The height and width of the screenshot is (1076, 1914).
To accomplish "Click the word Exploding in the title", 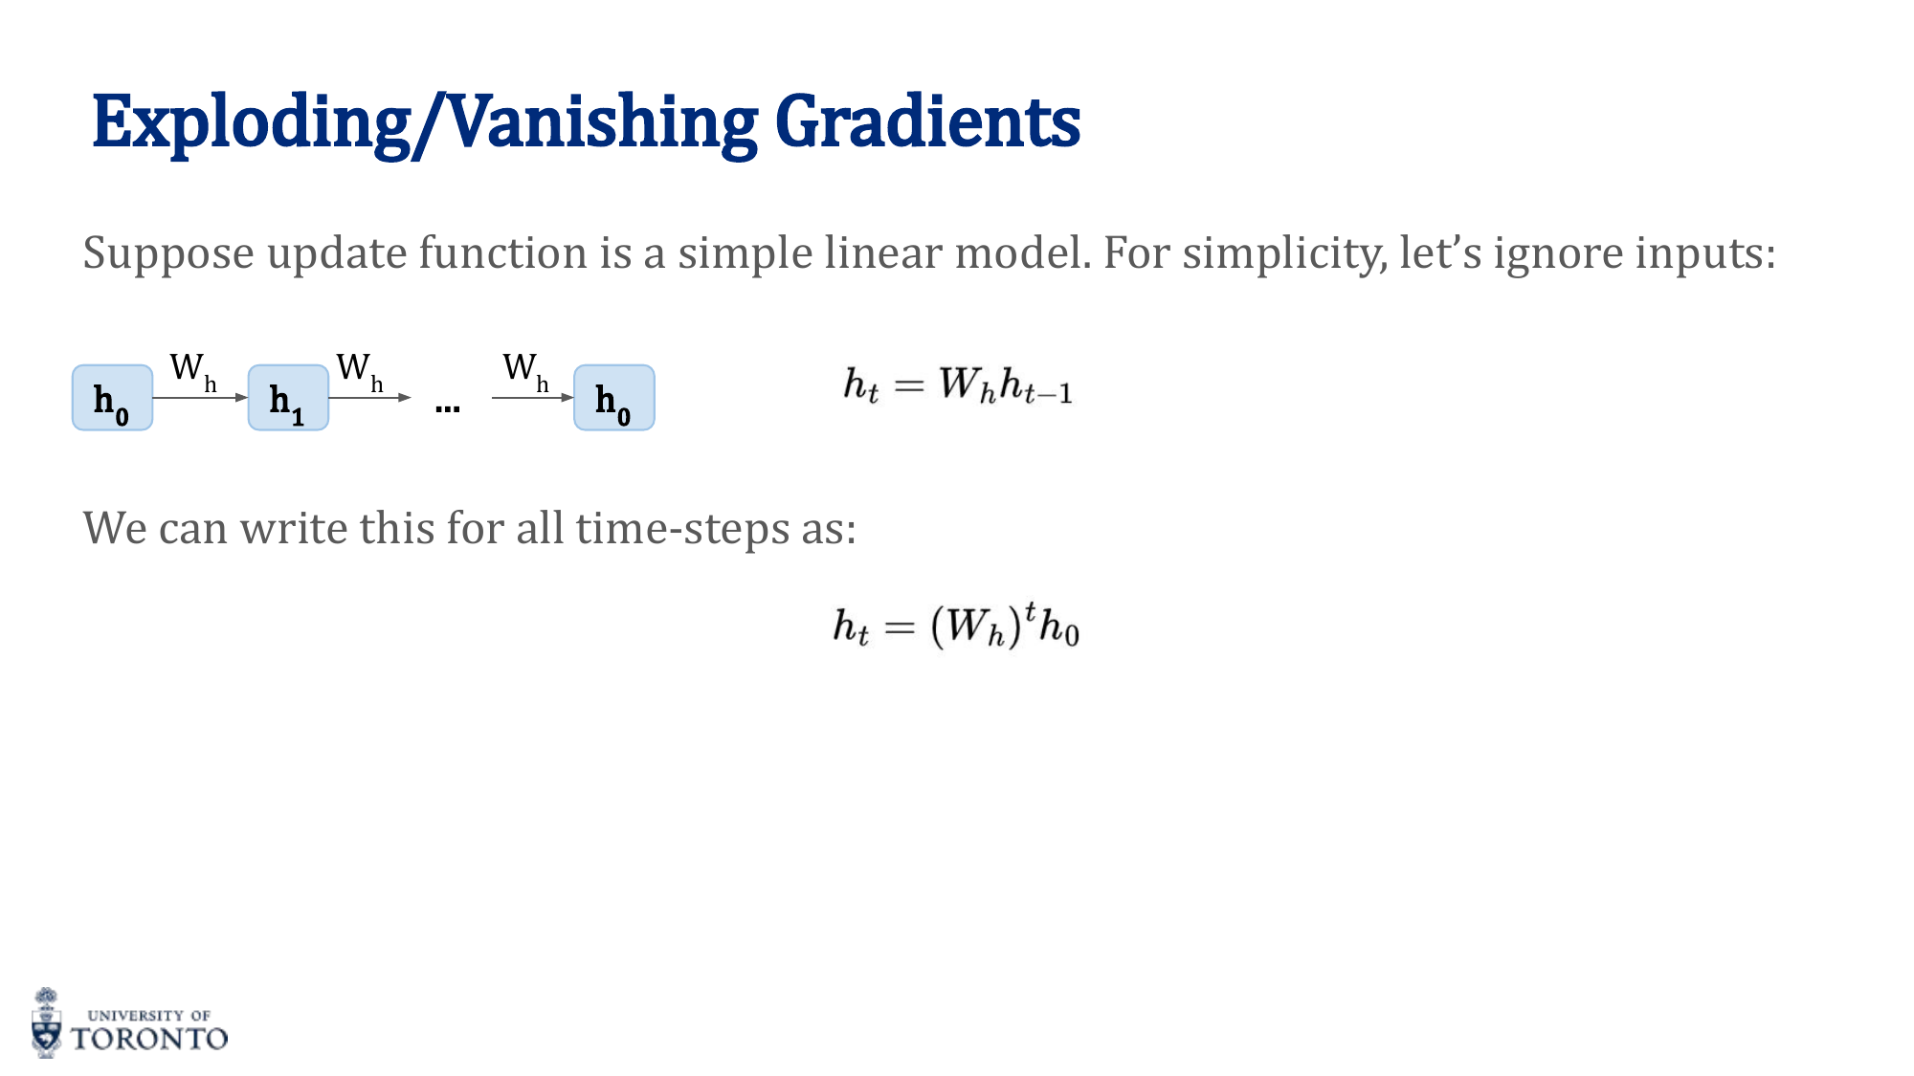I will [251, 122].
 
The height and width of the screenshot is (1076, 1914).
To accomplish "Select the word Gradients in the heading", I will [927, 122].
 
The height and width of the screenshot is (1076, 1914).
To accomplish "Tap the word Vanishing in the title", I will [603, 122].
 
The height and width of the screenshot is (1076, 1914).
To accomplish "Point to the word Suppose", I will [168, 253].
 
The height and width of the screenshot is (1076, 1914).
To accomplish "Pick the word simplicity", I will [1283, 253].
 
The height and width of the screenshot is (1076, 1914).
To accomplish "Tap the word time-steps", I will [681, 528].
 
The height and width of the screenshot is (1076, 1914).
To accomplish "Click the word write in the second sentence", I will [293, 528].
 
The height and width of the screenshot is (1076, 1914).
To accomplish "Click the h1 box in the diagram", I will [288, 398].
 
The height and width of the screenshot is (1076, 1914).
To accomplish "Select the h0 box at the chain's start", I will [112, 398].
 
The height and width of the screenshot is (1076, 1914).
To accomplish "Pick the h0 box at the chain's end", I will [613, 398].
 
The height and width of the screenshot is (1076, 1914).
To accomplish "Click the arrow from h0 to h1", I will [200, 397].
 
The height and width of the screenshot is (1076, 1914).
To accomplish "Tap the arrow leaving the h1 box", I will [369, 397].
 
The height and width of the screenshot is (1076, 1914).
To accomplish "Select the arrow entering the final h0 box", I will [532, 397].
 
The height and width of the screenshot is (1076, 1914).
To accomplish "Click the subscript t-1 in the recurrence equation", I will [1048, 393].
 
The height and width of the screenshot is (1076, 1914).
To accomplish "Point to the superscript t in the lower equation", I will [1030, 609].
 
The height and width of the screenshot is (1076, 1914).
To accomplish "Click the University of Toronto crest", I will [46, 1023].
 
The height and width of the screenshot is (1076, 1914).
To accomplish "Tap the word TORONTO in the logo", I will [150, 1039].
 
